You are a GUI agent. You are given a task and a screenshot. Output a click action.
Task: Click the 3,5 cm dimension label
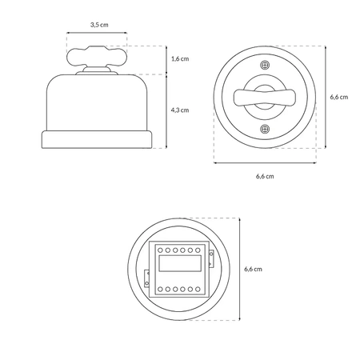[99, 25]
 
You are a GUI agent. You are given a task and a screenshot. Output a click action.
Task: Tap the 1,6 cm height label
[180, 58]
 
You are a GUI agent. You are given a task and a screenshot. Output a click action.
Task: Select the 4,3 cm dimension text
[180, 110]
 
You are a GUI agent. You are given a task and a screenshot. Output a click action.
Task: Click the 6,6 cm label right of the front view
[339, 97]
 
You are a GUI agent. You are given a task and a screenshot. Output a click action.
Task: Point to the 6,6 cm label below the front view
[265, 176]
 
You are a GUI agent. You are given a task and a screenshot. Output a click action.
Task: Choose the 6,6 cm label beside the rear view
[253, 269]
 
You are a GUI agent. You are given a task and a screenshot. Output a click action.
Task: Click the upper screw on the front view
[265, 65]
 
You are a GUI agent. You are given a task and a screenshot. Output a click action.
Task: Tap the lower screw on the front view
[265, 129]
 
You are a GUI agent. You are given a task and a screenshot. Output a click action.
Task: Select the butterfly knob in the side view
[97, 56]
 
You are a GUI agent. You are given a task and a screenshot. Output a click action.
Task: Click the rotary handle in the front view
[265, 97]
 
